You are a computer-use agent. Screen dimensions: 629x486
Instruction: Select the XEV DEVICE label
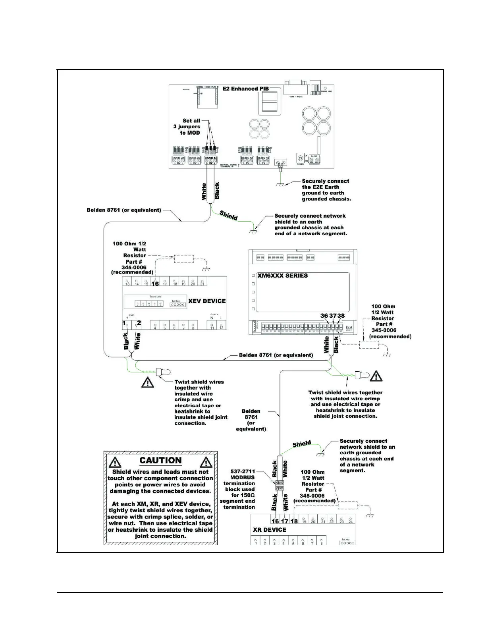pos(207,301)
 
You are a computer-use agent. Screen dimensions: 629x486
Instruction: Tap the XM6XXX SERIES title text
pos(282,276)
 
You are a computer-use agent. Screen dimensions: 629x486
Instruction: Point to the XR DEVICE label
pos(270,530)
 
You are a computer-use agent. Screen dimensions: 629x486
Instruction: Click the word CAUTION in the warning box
pos(160,461)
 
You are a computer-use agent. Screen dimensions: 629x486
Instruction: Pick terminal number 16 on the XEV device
pos(155,284)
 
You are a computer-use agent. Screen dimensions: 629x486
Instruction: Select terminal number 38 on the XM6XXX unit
pos(341,316)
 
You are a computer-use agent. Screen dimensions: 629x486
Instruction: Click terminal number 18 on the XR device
pos(294,521)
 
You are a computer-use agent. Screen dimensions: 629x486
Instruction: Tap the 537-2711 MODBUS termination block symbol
pos(280,485)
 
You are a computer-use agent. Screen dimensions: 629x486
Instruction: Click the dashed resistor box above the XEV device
pos(183,259)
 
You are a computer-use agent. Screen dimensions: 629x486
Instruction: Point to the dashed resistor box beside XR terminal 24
pos(347,505)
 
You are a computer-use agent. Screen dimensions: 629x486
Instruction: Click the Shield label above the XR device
pos(302,444)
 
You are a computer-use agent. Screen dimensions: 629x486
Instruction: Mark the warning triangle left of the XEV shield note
pos(148,382)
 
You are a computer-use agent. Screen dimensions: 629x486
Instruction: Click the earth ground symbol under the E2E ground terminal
pos(280,184)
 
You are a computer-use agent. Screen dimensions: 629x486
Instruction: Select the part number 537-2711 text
pos(243,472)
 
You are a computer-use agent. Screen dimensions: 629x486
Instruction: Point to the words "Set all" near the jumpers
pos(191,121)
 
